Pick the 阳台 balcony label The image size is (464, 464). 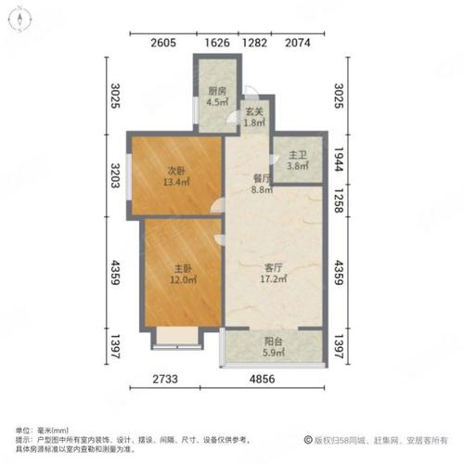[272, 339]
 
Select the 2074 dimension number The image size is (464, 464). [298, 42]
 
